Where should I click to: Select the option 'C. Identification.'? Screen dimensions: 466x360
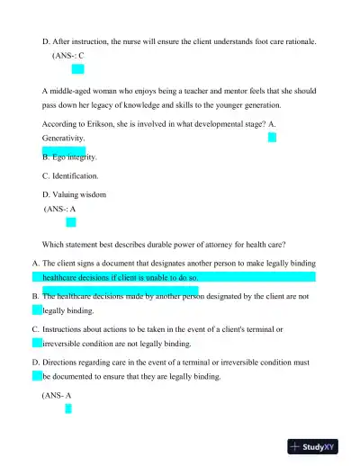(71, 175)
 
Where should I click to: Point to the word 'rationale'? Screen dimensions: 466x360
(287, 41)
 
